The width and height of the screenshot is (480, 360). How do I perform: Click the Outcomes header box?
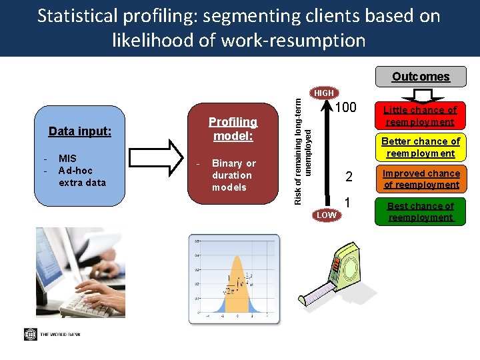pyautogui.click(x=421, y=77)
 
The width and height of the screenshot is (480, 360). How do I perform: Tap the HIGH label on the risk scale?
pyautogui.click(x=324, y=93)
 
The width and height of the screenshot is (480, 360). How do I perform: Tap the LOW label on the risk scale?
pyautogui.click(x=326, y=215)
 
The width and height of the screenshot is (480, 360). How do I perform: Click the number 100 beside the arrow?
pyautogui.click(x=346, y=108)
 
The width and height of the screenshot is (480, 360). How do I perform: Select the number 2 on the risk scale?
pyautogui.click(x=349, y=177)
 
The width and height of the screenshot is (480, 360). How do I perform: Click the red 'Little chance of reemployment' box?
pyautogui.click(x=420, y=116)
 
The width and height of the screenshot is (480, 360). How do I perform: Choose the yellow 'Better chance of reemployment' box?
pyautogui.click(x=420, y=147)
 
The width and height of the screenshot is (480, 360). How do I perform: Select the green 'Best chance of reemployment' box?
pyautogui.click(x=421, y=211)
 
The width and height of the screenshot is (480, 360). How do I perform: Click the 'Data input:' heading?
pyautogui.click(x=80, y=131)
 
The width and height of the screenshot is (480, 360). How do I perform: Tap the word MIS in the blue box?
pyautogui.click(x=67, y=158)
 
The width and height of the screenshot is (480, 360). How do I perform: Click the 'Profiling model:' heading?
pyautogui.click(x=233, y=129)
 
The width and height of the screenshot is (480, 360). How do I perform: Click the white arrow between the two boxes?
pyautogui.click(x=167, y=157)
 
